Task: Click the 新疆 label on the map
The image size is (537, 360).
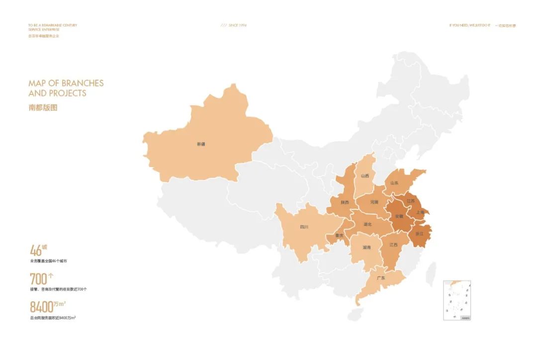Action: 201,144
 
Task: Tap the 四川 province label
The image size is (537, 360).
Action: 304,227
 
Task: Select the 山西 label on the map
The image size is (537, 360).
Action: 365,176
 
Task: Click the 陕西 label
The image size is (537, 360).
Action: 345,202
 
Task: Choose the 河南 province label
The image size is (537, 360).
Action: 374,202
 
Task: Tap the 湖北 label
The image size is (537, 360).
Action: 368,224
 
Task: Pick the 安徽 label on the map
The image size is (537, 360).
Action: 399,216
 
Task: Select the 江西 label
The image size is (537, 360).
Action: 393,245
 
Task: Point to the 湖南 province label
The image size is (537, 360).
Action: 366,247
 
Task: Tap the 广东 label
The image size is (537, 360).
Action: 381,278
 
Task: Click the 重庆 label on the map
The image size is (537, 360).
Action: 339,235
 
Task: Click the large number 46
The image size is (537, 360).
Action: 35,250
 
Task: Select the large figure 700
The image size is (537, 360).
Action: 38,279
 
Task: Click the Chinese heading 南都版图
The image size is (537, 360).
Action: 43,107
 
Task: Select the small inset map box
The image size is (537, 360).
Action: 457,300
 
